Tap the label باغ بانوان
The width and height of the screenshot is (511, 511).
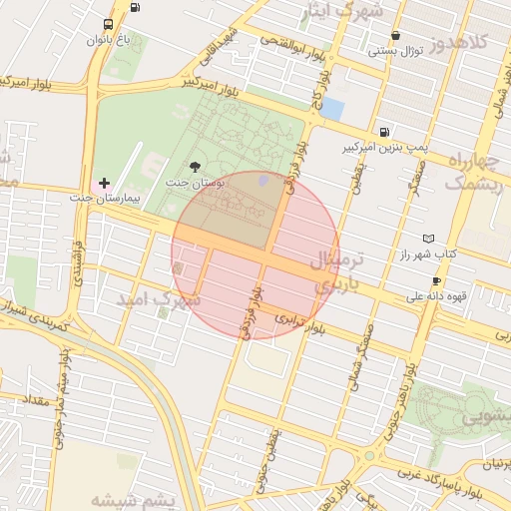[109, 41]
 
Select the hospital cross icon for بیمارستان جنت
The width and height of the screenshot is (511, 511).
[104, 183]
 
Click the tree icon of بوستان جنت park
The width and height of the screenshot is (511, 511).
[194, 167]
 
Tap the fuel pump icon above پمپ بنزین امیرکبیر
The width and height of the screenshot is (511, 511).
[384, 132]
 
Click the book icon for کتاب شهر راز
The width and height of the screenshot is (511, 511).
[429, 240]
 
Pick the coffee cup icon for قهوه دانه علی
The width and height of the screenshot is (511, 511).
[436, 281]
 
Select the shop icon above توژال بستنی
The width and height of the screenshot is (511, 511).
[395, 35]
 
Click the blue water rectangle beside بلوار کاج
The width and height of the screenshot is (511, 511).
[331, 108]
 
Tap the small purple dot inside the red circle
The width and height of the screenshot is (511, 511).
[263, 180]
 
